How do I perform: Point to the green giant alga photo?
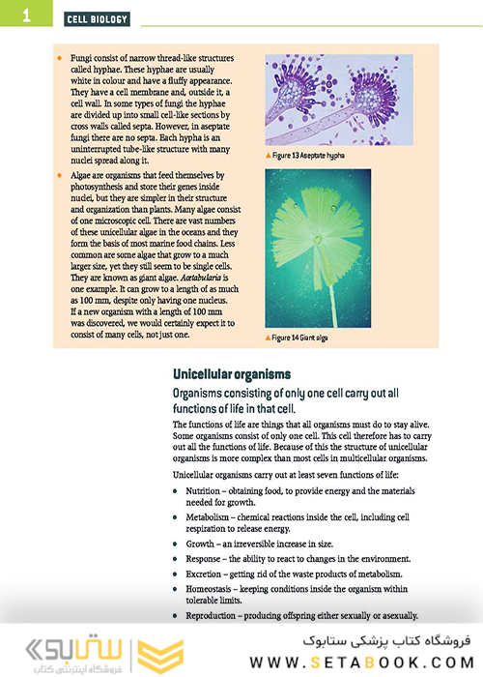tap(318, 249)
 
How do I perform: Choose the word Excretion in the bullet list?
tap(206, 574)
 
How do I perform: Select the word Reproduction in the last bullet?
tap(214, 615)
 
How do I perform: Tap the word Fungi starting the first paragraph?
tap(81, 58)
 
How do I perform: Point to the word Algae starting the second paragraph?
tap(82, 175)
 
